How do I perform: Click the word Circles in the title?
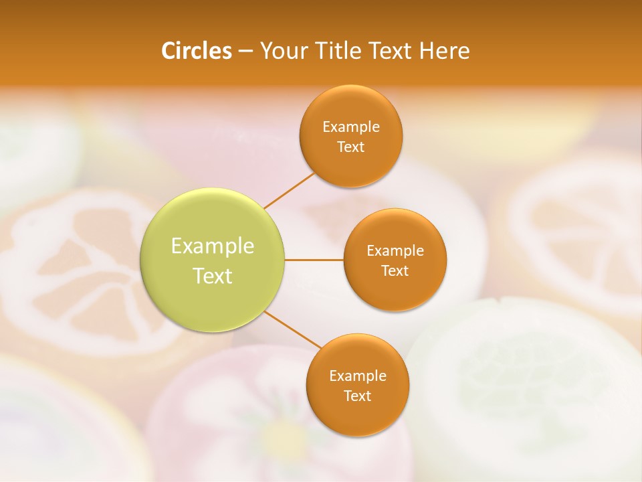197,51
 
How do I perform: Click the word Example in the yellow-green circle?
213,246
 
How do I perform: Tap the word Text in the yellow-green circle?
213,276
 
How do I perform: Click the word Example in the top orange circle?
351,127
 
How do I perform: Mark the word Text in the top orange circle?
351,147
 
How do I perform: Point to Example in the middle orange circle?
395,251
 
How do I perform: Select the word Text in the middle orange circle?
395,271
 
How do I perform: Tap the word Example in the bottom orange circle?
358,376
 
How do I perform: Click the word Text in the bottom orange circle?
358,396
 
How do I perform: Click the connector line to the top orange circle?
289,190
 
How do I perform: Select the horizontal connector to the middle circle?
314,260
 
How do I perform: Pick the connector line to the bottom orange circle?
293,329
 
